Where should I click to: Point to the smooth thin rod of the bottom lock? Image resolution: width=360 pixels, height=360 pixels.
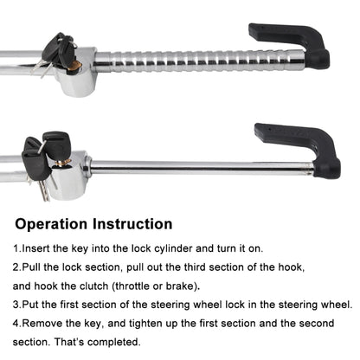click(199, 165)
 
